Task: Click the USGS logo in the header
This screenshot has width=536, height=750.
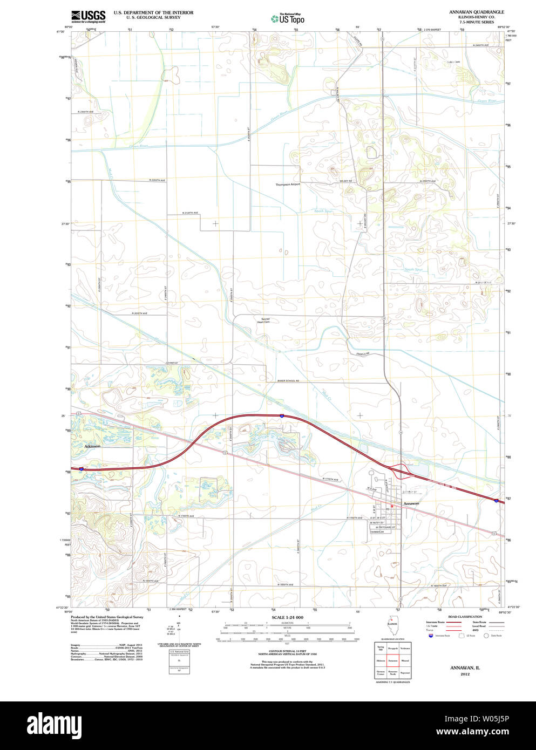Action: click(x=87, y=16)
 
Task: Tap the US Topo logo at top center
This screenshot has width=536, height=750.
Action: click(x=288, y=19)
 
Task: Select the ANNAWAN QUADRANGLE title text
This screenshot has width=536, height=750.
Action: click(x=476, y=11)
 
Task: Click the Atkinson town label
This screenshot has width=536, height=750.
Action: click(x=92, y=446)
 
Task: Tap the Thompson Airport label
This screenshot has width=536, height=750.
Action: click(x=288, y=184)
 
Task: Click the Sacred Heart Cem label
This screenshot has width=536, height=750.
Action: click(x=266, y=321)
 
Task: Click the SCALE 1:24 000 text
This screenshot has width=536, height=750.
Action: click(x=287, y=617)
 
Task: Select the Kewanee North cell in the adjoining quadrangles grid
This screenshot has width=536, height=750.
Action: click(x=392, y=673)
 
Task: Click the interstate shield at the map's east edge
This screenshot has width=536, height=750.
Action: click(x=496, y=501)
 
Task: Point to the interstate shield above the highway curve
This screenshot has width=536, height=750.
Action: click(x=282, y=415)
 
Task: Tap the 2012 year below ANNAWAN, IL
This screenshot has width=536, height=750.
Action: click(x=465, y=674)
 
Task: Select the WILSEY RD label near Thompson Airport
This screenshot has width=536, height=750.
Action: click(x=346, y=181)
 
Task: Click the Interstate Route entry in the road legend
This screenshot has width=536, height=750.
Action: click(x=435, y=622)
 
